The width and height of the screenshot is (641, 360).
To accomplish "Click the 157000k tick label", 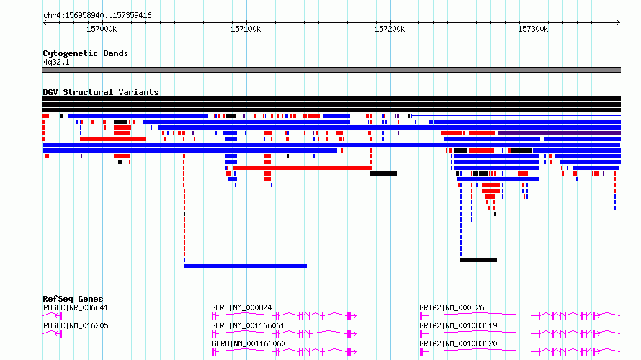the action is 102,29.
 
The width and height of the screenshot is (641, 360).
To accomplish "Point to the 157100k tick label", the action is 246,29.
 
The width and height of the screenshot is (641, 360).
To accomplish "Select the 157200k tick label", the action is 390,29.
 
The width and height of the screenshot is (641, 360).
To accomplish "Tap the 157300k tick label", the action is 533,29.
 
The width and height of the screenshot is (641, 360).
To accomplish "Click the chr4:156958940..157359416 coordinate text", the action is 97,16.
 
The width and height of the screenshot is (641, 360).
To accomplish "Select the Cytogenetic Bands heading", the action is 86,53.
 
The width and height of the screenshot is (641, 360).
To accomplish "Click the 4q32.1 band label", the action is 56,62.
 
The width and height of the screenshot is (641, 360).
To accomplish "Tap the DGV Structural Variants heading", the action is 101,92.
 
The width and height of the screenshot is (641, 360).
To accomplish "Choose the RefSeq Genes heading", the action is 73,299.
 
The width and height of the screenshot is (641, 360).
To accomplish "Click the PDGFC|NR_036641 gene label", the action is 76,307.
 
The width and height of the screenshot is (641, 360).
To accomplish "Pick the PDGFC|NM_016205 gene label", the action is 76,325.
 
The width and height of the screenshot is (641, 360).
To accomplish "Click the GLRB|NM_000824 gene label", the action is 241,307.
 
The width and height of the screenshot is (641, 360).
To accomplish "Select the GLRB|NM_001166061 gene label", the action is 248,325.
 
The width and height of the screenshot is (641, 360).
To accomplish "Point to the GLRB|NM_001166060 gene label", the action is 248,343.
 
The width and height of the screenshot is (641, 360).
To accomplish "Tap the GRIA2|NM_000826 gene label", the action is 452,307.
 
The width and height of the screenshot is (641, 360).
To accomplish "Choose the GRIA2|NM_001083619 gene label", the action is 458,325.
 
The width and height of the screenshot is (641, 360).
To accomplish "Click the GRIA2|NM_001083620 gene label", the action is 458,343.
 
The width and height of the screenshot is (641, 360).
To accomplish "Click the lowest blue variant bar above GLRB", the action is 246,266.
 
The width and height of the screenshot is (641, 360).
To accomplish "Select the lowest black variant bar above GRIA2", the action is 478,260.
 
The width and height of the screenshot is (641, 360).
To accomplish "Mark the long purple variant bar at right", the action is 559,133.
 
